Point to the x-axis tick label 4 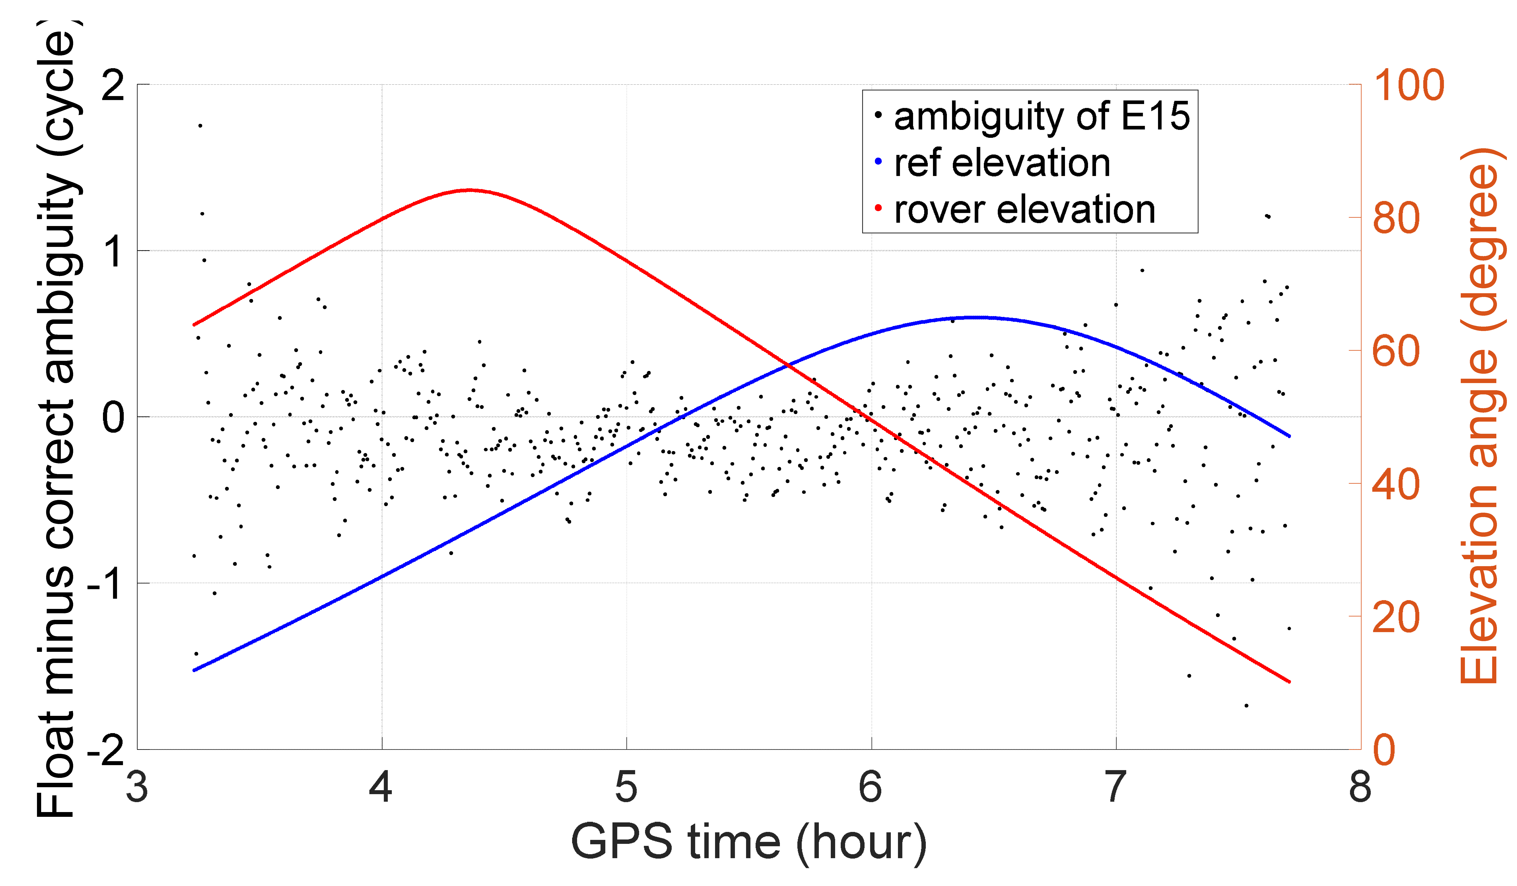pyautogui.click(x=381, y=786)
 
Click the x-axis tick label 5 pyautogui.click(x=626, y=786)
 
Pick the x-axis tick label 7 pyautogui.click(x=1115, y=786)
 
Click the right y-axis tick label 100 pyautogui.click(x=1409, y=85)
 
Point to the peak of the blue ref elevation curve pyautogui.click(x=978, y=317)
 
